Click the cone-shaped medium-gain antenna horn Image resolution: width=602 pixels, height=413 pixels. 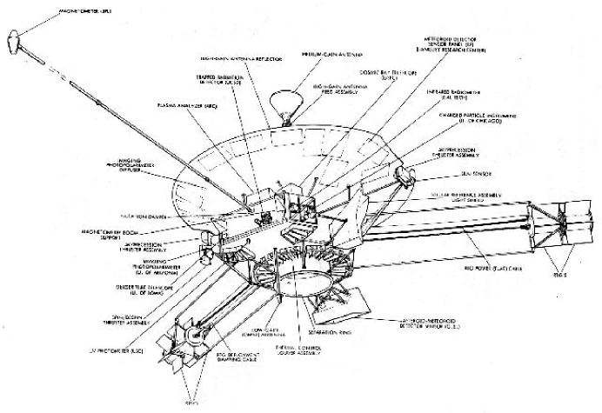coord(282,105)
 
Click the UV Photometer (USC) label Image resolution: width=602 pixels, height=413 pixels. coord(77,350)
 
